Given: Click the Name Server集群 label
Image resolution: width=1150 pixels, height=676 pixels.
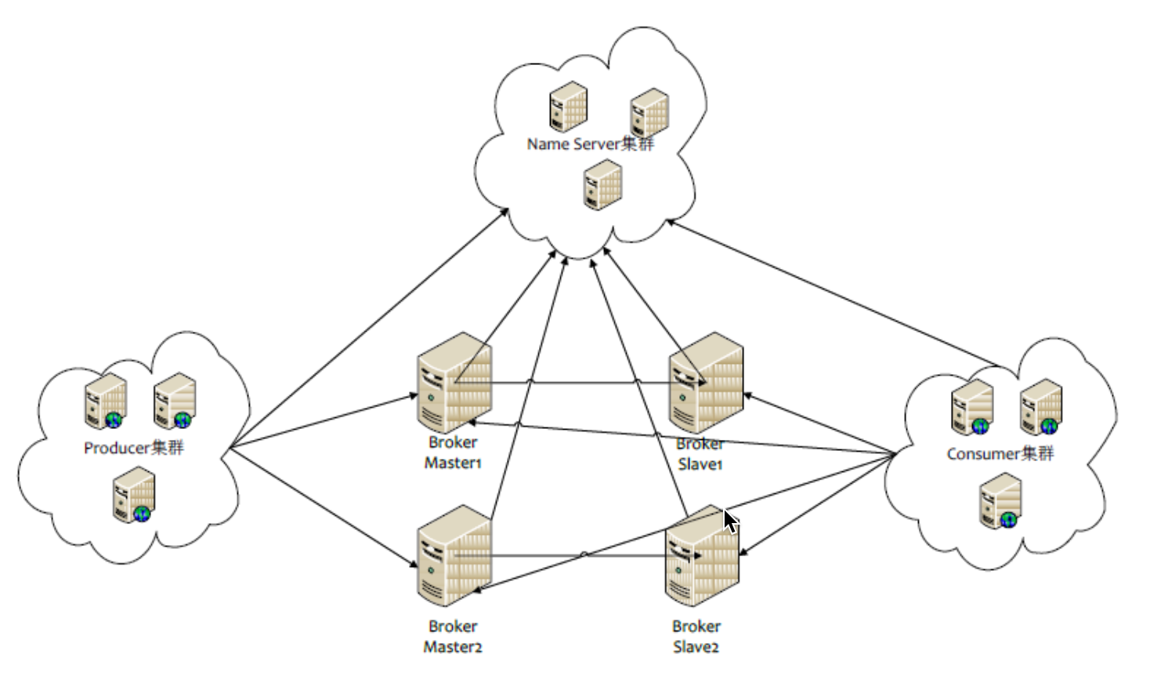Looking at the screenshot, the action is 591,144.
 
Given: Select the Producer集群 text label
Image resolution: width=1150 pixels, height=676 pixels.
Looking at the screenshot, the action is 133,448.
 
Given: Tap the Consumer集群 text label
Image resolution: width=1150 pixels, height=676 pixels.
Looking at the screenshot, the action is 1000,454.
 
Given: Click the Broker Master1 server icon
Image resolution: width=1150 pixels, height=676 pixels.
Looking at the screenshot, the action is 454,383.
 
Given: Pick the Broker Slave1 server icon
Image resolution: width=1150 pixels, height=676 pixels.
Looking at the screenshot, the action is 707,383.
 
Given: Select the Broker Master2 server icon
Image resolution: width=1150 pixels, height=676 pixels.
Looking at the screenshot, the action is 454,556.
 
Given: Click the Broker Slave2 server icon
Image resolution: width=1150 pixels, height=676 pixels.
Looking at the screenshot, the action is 703,556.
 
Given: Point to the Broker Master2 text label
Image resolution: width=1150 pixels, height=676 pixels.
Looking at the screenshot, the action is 453,637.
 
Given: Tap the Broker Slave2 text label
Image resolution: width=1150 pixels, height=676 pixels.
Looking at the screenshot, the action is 696,637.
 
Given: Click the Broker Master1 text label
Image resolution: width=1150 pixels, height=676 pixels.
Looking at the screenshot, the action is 453,452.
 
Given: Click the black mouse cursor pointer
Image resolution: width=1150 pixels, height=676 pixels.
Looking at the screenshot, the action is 730,522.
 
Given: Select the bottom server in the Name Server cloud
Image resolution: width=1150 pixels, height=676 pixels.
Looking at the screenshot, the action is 603,185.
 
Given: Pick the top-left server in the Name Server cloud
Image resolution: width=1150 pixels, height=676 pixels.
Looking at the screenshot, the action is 568,107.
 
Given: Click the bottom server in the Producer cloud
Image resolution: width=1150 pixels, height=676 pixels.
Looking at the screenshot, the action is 134,495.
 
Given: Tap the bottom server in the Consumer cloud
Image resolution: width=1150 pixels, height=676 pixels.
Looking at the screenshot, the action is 1000,501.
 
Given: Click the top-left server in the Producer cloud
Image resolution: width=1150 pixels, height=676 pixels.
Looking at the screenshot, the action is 106,402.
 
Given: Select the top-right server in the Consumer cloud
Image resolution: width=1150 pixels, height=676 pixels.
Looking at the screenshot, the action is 1041,407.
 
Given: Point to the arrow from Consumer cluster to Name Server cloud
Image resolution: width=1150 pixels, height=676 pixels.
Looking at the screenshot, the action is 834,293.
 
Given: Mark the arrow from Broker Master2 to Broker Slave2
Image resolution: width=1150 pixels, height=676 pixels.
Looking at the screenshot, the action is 578,556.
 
